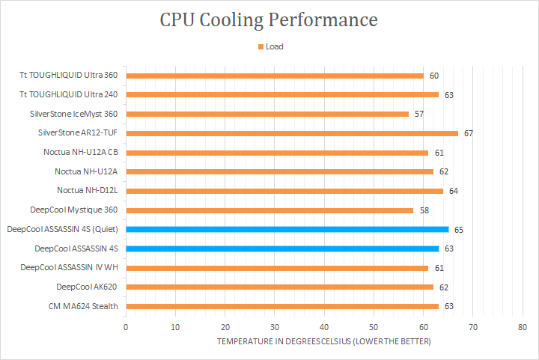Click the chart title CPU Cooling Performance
tap(269, 20)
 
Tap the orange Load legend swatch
tap(261, 46)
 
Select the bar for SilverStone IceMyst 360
tap(267, 114)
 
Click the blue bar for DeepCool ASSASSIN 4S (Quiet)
tap(287, 229)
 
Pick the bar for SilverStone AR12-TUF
tap(292, 133)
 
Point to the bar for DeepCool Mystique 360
tap(269, 210)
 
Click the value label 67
tap(469, 133)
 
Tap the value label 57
tap(419, 114)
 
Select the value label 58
tap(424, 210)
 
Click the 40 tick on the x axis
tap(324, 327)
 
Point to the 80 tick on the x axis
tap(523, 327)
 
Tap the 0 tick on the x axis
tap(126, 327)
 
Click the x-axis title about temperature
tap(324, 341)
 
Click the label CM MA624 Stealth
tap(86, 306)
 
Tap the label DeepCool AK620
tap(87, 287)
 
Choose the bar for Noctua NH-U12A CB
tap(277, 152)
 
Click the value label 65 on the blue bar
tap(459, 229)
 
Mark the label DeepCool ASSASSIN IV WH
tap(70, 267)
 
